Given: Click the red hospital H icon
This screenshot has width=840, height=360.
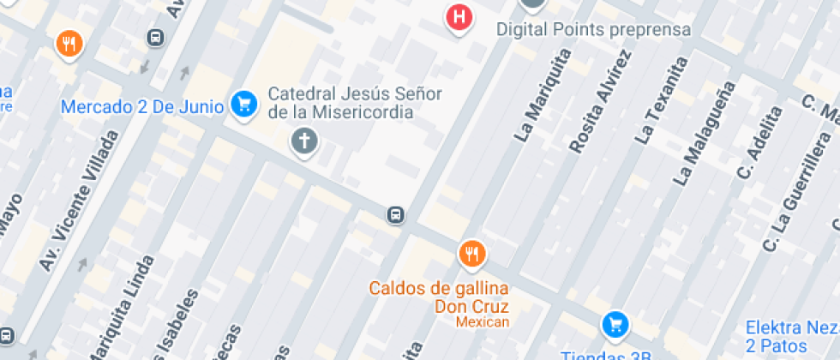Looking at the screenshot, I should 460,17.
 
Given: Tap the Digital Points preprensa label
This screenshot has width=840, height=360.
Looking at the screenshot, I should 593,30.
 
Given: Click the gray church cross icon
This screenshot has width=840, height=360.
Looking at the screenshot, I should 303,141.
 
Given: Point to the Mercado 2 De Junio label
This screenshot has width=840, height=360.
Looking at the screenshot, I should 142,107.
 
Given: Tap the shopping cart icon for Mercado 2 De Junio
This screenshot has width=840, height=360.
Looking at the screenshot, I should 244,105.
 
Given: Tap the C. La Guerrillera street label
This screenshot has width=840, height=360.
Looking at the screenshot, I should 796,191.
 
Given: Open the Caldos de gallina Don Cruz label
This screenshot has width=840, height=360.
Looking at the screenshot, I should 439,297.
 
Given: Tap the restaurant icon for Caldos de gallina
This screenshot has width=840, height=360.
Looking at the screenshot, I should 471,253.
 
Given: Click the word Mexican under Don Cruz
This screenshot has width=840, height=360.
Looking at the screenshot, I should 482,322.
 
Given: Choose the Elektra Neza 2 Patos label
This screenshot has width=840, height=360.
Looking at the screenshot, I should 788,336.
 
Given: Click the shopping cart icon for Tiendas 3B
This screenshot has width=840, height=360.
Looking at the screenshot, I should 615,324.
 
